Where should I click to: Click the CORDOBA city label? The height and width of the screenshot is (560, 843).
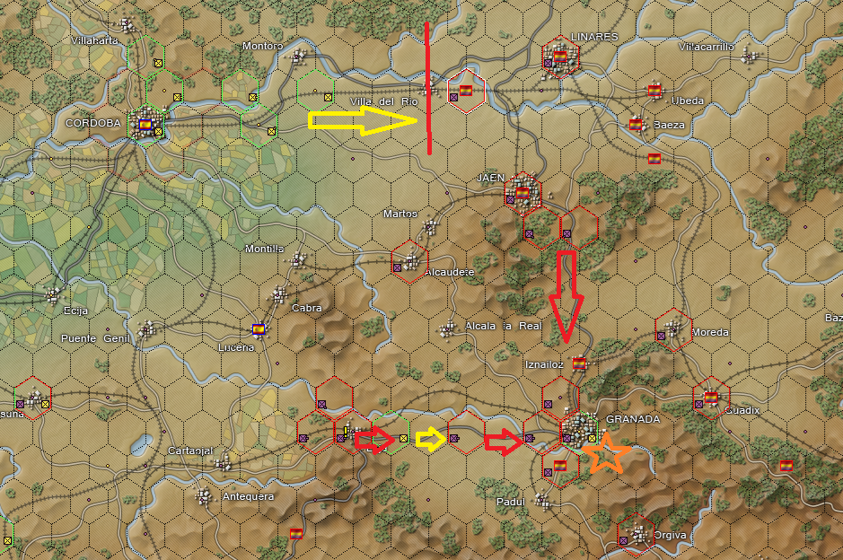tap(93, 123)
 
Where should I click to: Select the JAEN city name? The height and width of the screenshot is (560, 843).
tap(491, 178)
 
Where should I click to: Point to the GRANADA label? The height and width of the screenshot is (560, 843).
tap(633, 419)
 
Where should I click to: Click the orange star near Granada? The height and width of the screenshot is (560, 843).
tap(607, 453)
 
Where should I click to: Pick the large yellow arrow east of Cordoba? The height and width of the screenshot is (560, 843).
tap(364, 122)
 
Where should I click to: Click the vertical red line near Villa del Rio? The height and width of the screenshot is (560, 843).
tap(428, 88)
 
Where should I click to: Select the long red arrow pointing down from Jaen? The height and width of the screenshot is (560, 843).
tap(566, 296)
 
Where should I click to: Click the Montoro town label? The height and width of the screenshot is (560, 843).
tap(263, 46)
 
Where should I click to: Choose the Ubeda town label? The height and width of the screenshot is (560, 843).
tap(688, 101)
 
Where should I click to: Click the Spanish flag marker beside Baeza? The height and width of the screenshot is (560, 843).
tap(637, 125)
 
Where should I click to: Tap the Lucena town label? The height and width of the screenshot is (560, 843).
tap(236, 347)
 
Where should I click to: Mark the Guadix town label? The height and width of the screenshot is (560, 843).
tap(742, 410)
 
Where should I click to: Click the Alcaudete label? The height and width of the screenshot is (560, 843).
tap(449, 272)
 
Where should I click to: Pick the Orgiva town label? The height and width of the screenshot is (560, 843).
tap(670, 535)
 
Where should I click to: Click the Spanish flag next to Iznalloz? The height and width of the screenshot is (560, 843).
tap(579, 363)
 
